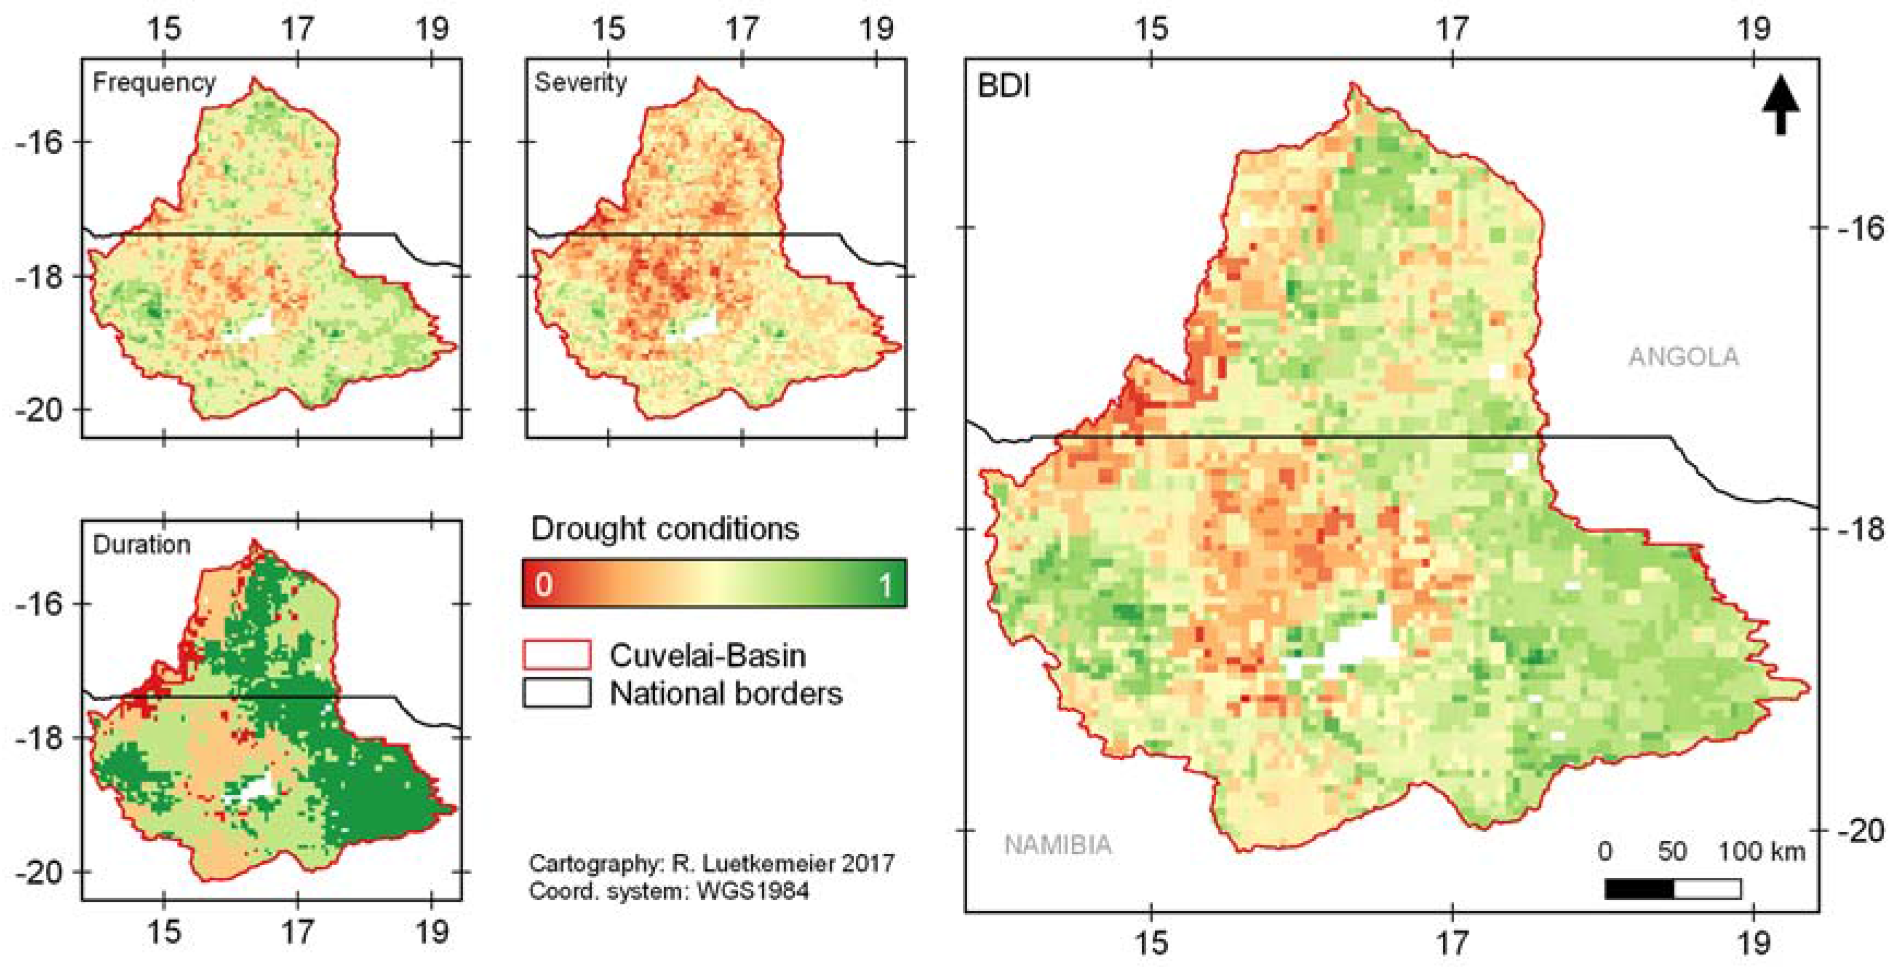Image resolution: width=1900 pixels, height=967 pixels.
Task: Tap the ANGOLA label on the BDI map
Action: [1683, 357]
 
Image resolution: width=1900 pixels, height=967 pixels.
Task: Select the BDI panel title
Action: [1004, 87]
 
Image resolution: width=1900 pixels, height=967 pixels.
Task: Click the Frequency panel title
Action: [154, 82]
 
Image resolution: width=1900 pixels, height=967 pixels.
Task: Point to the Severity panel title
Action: [580, 82]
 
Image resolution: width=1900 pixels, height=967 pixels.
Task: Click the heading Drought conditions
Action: [664, 529]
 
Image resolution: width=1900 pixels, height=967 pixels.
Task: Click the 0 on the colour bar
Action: [543, 584]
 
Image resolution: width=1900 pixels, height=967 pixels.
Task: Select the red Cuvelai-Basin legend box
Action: [557, 655]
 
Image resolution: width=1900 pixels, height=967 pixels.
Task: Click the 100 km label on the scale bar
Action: [1761, 852]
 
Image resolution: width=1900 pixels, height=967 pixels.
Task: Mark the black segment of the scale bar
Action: [1639, 889]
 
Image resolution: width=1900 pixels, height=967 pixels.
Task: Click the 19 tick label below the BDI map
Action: [1753, 942]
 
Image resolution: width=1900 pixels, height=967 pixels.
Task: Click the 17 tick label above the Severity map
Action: [741, 29]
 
